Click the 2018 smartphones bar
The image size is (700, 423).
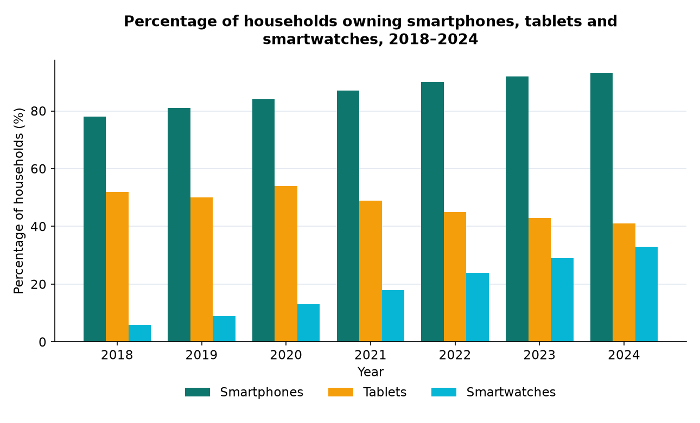click(94, 229)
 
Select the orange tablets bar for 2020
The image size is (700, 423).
click(286, 264)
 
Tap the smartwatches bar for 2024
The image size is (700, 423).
click(647, 294)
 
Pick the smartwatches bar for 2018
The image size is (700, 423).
click(139, 333)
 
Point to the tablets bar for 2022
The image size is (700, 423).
click(455, 277)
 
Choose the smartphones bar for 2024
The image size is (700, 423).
click(602, 208)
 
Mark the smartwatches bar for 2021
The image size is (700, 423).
click(393, 316)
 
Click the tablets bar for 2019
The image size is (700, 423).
click(201, 270)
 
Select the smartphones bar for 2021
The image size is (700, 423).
click(348, 216)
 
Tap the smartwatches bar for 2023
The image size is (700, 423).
click(562, 300)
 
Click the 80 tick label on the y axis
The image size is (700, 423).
click(39, 111)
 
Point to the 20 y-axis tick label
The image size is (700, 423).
click(39, 284)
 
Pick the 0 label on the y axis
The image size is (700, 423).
click(42, 342)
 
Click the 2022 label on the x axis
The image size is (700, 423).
click(455, 355)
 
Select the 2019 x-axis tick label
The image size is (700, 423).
click(201, 355)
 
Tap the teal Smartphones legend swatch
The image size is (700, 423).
click(198, 392)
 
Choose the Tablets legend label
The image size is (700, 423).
click(385, 392)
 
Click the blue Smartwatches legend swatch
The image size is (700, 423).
click(444, 392)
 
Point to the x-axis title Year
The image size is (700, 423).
click(370, 372)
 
